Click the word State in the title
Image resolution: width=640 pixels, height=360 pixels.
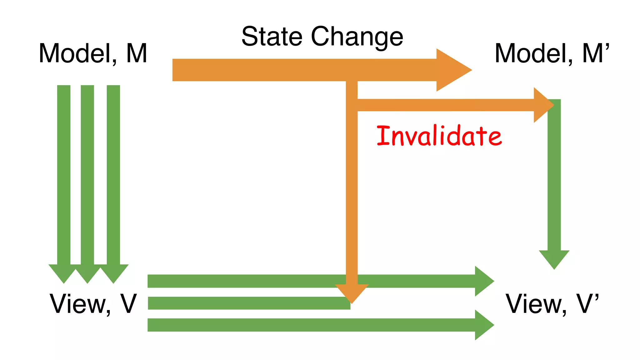click(x=272, y=37)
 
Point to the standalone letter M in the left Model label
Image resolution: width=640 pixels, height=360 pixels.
click(x=137, y=53)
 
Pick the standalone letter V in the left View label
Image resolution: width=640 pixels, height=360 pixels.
click(x=128, y=304)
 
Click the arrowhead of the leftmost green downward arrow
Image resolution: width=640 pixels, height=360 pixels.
click(x=63, y=273)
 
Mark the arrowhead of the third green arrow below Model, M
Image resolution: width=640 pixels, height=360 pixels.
click(x=113, y=273)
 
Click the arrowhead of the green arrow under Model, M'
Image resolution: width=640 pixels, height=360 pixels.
click(x=554, y=259)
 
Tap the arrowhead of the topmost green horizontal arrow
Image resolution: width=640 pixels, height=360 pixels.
click(x=483, y=281)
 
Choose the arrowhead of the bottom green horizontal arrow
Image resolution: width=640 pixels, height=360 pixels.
click(x=483, y=325)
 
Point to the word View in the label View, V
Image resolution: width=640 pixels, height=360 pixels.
click(x=80, y=304)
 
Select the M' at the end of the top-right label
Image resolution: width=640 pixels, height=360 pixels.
click(x=596, y=53)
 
